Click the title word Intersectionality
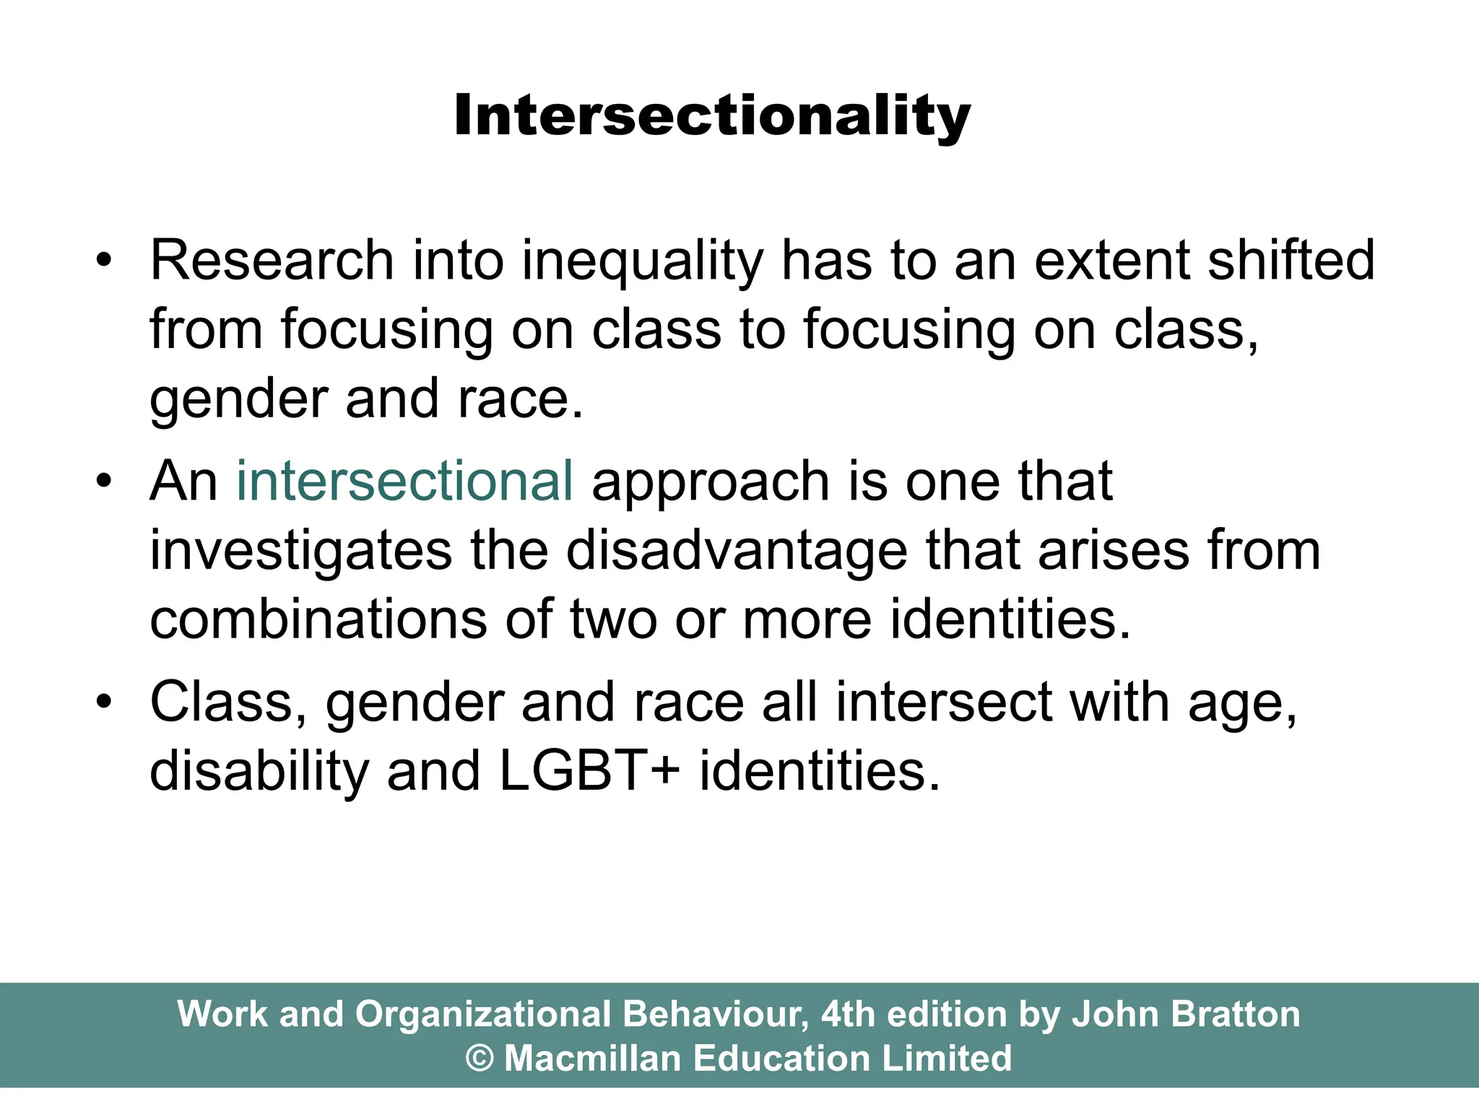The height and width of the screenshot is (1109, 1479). (712, 116)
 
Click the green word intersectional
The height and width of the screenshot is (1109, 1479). (404, 481)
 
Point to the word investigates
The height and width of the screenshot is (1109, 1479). (300, 552)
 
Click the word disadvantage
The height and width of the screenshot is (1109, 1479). (736, 552)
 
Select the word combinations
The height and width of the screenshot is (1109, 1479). (318, 619)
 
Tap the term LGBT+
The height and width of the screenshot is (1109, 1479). (589, 771)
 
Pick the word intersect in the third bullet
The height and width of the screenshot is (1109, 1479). (943, 703)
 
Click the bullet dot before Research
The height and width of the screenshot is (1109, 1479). (105, 261)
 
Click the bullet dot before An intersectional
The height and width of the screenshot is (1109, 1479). (105, 482)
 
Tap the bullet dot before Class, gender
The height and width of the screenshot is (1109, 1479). (105, 703)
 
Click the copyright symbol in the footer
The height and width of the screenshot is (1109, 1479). (480, 1058)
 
